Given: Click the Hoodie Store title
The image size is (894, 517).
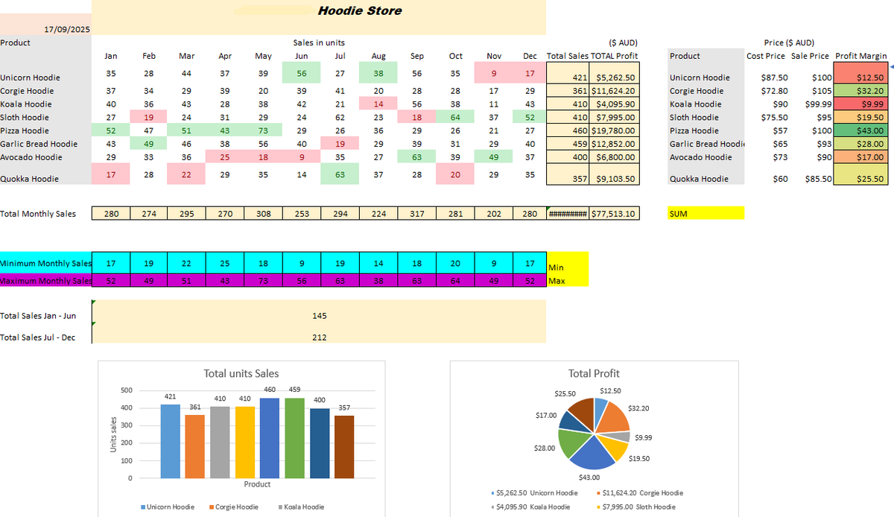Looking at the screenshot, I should [x=359, y=10].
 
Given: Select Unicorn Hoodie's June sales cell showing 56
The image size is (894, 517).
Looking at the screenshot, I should [x=302, y=73].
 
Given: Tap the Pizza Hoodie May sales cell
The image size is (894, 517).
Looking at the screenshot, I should [x=263, y=130].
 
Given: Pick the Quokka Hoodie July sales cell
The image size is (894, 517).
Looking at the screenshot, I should [x=340, y=174].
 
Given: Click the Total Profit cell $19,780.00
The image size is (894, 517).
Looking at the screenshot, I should [x=615, y=130].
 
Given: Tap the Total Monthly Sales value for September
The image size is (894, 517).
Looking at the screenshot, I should [x=417, y=214].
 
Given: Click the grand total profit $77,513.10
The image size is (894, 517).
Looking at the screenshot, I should [x=615, y=214].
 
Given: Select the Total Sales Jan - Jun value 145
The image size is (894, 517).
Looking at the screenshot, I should [x=320, y=316].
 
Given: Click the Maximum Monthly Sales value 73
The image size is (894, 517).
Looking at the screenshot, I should [x=263, y=281].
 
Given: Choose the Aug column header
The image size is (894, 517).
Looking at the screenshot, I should [x=378, y=56].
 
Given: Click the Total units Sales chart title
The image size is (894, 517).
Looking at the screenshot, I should [x=241, y=373].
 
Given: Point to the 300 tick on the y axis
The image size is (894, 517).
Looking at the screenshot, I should [x=127, y=425].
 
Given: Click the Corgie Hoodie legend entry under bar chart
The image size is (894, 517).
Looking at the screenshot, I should [x=236, y=507].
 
